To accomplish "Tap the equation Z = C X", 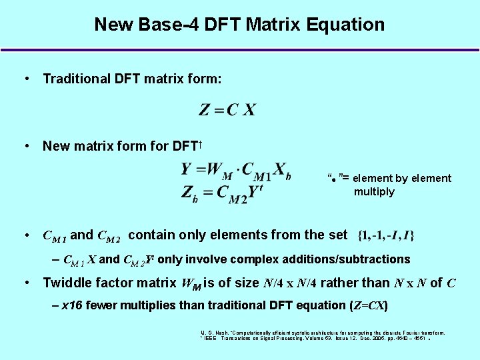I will point(227,110).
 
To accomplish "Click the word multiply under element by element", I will point(374,192).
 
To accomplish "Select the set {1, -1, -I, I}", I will point(386,235).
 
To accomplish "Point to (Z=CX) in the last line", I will point(369,305).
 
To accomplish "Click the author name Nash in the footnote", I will point(220,332).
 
